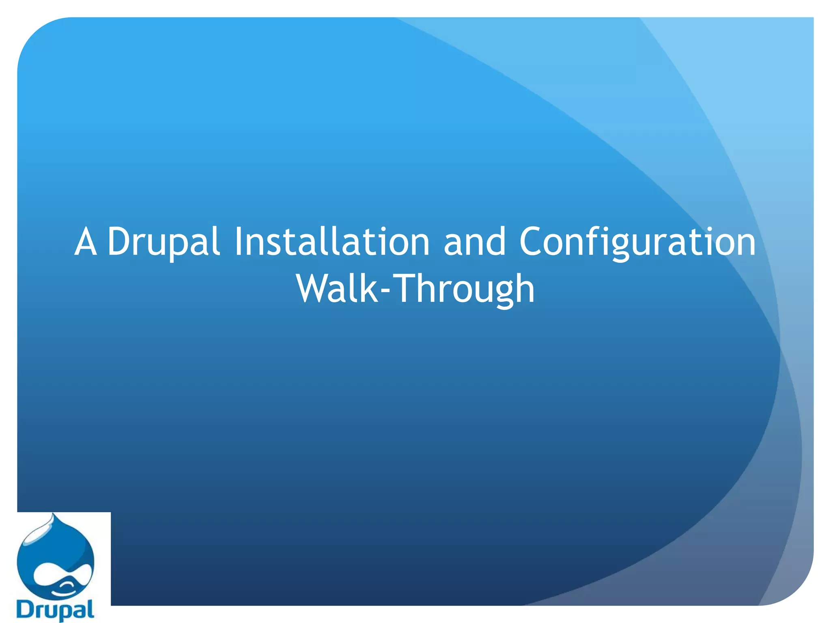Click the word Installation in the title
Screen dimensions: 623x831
pyautogui.click(x=332, y=242)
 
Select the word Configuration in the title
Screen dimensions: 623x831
pyautogui.click(x=637, y=242)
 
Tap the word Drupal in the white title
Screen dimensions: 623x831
pyautogui.click(x=164, y=242)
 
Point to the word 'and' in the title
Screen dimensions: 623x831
pyautogui.click(x=474, y=242)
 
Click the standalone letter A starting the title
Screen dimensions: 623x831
pyautogui.click(x=86, y=242)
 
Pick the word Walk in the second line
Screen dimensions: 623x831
pyautogui.click(x=337, y=289)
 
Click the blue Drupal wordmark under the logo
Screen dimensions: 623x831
pyautogui.click(x=55, y=610)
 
